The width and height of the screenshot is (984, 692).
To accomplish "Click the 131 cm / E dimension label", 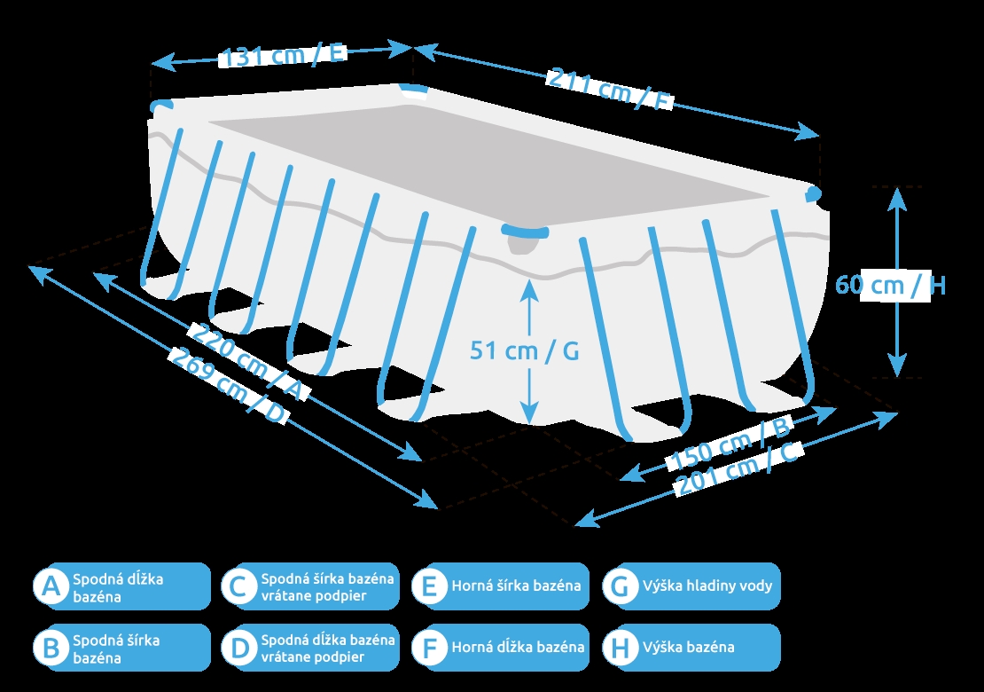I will (283, 55).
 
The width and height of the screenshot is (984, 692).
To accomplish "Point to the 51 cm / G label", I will (524, 351).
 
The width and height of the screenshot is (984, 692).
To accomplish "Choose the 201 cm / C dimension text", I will (739, 469).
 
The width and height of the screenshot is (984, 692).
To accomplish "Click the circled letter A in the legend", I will (51, 586).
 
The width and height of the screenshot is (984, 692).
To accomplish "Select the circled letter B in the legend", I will (51, 648).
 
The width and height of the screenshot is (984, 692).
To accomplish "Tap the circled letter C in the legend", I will (239, 586).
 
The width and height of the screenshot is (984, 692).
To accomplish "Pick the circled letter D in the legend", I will (239, 648).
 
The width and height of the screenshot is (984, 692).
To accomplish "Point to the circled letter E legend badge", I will (430, 586).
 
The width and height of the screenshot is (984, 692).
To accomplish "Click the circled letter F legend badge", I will (430, 648).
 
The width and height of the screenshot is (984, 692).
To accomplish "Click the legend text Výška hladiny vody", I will (707, 586).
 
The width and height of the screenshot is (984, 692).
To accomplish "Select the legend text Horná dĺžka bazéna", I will (518, 647).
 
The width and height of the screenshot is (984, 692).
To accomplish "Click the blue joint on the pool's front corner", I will (526, 232).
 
